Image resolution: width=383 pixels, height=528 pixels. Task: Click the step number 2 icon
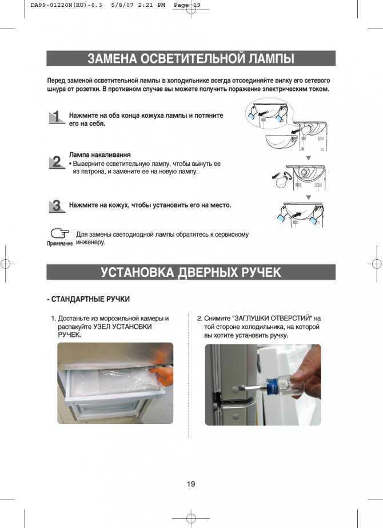56,163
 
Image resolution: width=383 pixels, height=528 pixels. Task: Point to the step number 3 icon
56,207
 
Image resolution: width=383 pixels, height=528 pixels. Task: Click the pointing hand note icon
59,233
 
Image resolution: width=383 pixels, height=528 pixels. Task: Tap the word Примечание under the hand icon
59,244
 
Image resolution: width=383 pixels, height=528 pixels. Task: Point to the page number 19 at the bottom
191,485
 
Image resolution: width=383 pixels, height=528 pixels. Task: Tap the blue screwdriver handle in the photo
280,388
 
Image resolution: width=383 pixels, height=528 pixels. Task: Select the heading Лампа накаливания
99,155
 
